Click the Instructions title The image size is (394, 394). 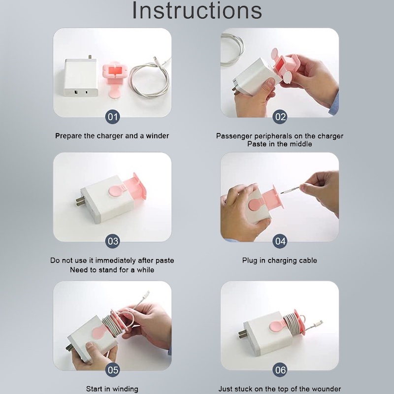pos(197,10)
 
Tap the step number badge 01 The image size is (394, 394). pos(113,117)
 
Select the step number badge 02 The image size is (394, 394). pos(280,117)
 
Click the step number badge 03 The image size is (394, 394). pos(113,241)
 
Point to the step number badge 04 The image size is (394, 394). pos(280,241)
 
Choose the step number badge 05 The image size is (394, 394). pos(113,370)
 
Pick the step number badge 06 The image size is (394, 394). pos(280,370)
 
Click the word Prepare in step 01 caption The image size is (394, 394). pos(68,136)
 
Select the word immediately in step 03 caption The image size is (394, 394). pos(115,261)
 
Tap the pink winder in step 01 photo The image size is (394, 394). pos(114,78)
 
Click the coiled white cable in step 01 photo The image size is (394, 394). pos(150,78)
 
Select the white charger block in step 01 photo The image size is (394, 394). pos(81,77)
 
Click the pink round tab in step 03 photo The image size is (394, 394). pos(116,190)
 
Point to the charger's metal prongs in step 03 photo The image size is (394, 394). pos(80,201)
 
